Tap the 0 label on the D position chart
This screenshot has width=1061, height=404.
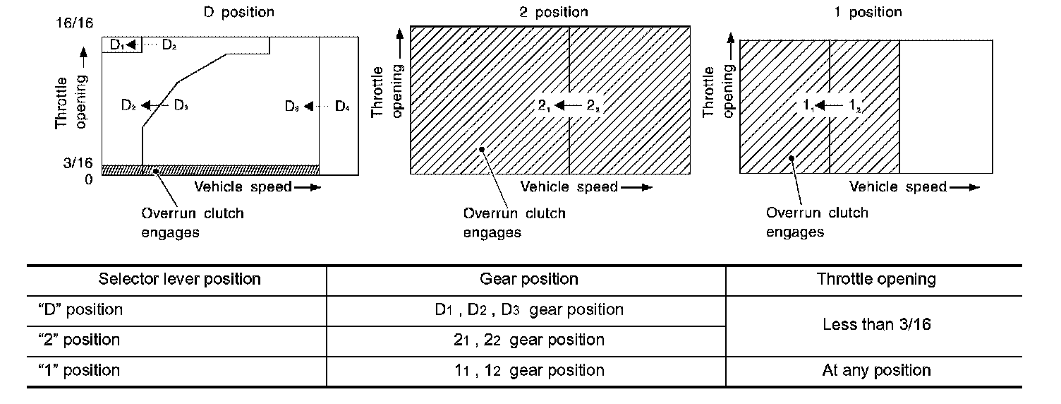tap(89, 179)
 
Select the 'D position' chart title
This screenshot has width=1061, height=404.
tap(238, 12)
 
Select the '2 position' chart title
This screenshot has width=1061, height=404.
tap(552, 12)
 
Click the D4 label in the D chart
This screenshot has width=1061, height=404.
tap(342, 107)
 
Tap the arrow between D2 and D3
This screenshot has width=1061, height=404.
tap(154, 106)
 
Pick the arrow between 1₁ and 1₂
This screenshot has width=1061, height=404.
tap(832, 106)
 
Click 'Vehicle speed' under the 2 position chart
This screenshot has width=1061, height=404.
tap(569, 187)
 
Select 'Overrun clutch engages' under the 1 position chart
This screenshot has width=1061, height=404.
tap(817, 222)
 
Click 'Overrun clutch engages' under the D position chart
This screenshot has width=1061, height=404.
tap(192, 222)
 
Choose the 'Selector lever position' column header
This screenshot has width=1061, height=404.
tap(179, 279)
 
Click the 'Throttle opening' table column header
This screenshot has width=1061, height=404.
tap(876, 279)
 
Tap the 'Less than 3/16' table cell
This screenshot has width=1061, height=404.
tap(875, 325)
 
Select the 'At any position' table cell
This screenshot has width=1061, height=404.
tap(876, 370)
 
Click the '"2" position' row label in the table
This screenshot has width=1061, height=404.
tap(79, 340)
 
